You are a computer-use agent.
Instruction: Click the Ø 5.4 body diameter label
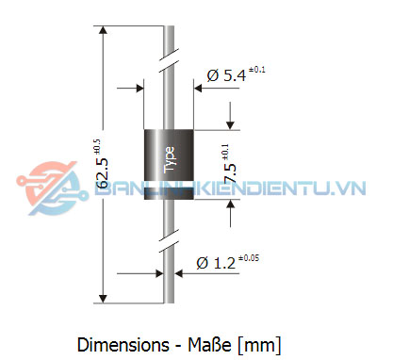point(226,75)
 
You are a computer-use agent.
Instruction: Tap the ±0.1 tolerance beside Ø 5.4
point(256,70)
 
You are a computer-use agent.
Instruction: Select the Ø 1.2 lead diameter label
point(216,263)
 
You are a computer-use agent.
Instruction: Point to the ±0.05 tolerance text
point(249,258)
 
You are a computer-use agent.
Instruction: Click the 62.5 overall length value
point(103,173)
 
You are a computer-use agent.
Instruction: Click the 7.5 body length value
point(230,172)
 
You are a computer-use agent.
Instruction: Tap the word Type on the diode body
point(169,160)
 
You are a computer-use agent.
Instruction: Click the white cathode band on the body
point(169,185)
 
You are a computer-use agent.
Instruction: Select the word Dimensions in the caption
point(123,345)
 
